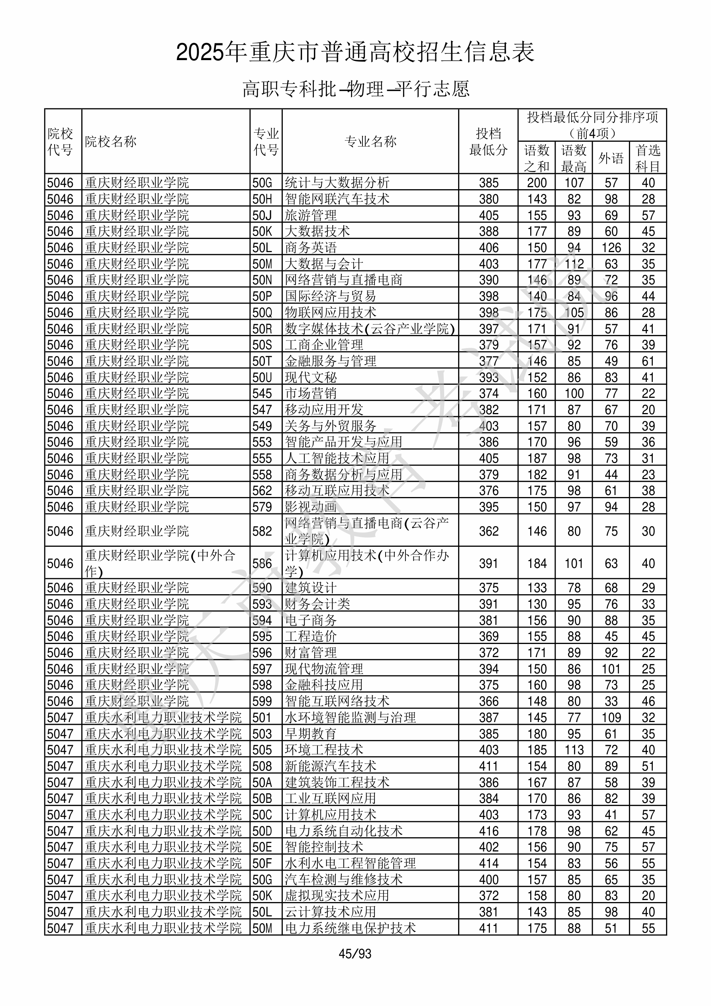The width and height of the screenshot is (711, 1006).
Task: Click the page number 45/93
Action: [355, 953]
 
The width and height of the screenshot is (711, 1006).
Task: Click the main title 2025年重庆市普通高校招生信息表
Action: [355, 53]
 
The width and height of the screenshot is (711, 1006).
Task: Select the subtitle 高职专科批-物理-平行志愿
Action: [355, 89]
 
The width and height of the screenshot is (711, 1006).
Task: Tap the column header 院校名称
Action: [111, 141]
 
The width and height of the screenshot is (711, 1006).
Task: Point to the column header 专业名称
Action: [370, 141]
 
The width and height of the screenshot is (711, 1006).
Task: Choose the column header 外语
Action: [611, 158]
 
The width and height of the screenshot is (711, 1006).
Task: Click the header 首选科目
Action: [648, 158]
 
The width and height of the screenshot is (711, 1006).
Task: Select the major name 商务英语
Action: [311, 248]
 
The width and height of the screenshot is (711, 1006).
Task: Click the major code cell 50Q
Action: [262, 312]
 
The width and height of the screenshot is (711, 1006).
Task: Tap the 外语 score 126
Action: [611, 248]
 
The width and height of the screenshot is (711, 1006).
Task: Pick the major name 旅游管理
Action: [311, 215]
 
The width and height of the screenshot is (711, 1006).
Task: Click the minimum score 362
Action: [488, 531]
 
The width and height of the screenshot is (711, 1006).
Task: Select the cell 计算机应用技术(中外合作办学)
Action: [367, 564]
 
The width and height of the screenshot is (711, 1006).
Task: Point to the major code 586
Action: [262, 564]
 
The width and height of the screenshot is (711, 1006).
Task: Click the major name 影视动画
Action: [311, 507]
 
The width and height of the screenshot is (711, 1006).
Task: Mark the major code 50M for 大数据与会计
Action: [262, 264]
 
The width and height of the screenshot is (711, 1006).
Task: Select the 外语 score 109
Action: [611, 718]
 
